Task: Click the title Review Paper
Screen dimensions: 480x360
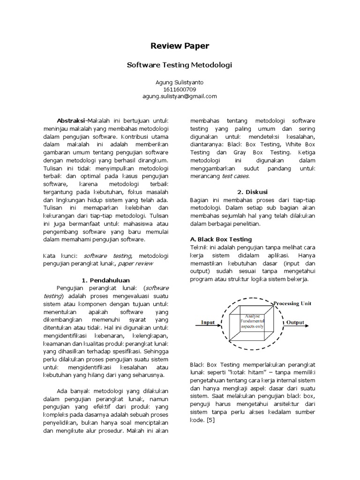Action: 180,46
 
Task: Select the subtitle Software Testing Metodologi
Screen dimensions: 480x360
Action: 180,65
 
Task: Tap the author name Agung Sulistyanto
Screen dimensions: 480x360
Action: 180,82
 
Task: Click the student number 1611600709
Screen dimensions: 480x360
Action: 180,90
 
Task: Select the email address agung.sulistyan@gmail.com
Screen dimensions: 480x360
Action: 180,96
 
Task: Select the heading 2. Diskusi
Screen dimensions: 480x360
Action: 253,192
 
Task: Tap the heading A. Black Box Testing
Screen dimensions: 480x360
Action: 221,239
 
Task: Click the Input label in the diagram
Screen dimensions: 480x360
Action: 208,322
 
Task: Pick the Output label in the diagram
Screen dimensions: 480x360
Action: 295,322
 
